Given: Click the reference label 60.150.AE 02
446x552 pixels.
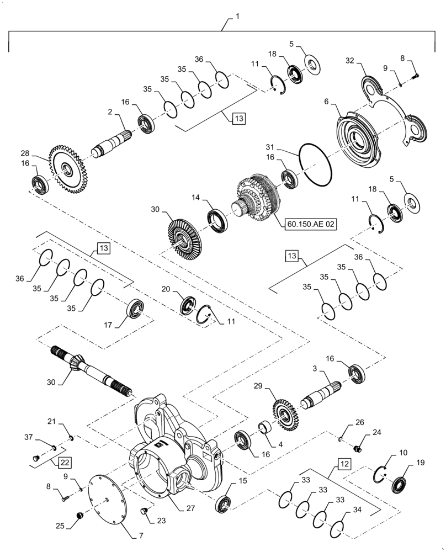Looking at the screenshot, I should tap(310, 224).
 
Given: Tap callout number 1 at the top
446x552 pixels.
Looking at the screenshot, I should tap(237, 17).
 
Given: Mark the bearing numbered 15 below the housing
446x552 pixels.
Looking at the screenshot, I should tap(224, 504).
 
